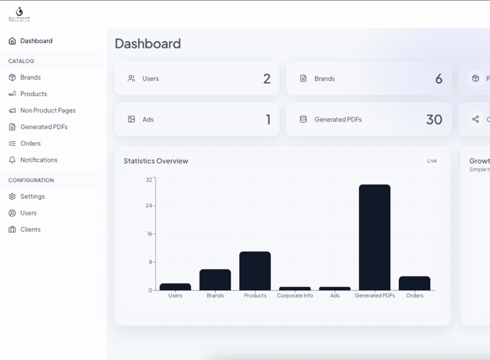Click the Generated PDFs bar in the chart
[x=375, y=237]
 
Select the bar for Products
[x=255, y=271]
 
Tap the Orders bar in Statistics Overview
[x=414, y=283]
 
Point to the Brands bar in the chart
[x=215, y=279]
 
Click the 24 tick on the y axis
[x=149, y=205]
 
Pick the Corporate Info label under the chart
[x=295, y=295]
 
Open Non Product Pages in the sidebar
[x=48, y=110]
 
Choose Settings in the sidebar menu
[x=33, y=197]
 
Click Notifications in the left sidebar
[x=39, y=160]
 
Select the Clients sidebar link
[x=30, y=230]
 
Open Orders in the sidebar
[x=30, y=143]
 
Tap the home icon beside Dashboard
[x=12, y=41]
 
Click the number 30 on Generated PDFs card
[x=434, y=120]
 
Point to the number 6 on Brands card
[x=439, y=79]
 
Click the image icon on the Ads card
[x=131, y=119]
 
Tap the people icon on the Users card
[x=131, y=78]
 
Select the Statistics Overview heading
[x=156, y=161]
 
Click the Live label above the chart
[x=431, y=161]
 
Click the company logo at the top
[x=19, y=14]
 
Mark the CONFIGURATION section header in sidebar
[x=31, y=180]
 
